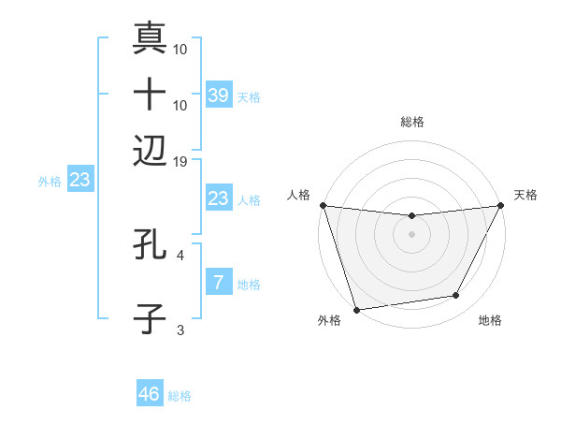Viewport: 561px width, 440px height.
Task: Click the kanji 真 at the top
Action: [150, 40]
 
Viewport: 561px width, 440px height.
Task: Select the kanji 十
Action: [150, 95]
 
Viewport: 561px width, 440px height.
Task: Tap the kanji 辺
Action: [150, 150]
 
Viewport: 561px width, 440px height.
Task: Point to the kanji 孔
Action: [150, 245]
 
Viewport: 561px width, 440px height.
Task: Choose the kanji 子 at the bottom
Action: [150, 318]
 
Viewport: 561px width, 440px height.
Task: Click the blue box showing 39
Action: [219, 95]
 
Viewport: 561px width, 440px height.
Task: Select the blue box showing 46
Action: [150, 394]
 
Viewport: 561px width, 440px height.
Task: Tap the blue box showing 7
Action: [219, 282]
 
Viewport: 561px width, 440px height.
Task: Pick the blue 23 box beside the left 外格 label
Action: [79, 181]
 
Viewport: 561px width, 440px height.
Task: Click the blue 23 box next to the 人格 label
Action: [219, 198]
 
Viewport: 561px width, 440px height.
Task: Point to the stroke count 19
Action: [181, 161]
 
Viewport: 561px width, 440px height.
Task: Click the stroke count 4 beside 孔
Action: [180, 254]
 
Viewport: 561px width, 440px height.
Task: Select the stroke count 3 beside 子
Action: [180, 330]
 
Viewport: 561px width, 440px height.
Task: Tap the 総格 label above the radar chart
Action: [412, 122]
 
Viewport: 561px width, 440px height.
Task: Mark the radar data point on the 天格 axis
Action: [501, 206]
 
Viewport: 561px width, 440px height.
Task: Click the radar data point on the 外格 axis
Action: [356, 309]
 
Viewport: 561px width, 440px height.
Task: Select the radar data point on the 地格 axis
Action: [456, 296]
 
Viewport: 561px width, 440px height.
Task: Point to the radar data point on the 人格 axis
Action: [323, 205]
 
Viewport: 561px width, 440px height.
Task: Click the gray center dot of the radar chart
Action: [411, 234]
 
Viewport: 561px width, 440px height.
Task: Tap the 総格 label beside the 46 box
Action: [180, 396]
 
